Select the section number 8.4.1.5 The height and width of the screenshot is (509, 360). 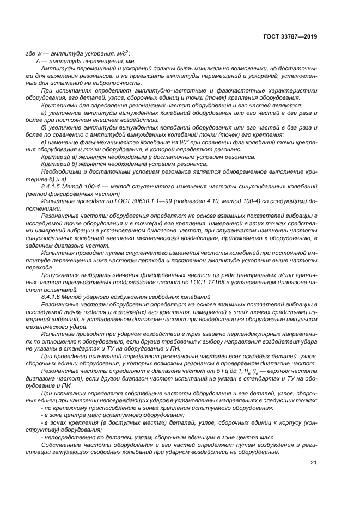(52, 187)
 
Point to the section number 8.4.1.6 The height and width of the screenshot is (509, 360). (52, 296)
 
